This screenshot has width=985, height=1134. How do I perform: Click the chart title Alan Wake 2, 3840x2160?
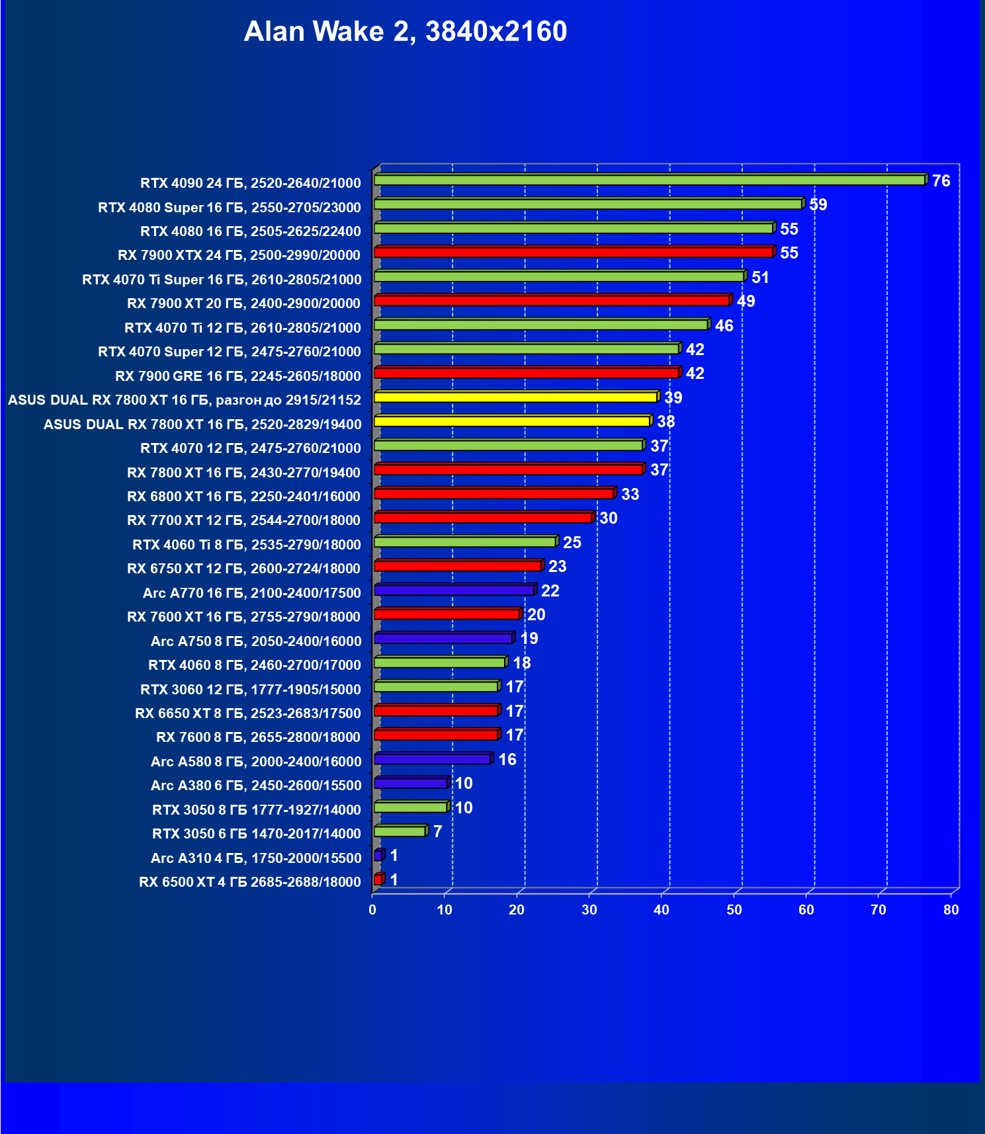405,32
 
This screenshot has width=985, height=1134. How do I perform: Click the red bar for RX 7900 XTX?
573,252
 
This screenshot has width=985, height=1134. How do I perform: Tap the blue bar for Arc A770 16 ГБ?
454,590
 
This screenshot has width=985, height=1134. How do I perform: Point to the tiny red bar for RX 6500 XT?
378,879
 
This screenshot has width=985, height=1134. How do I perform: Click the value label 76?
941,181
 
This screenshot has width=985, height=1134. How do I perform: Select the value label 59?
818,204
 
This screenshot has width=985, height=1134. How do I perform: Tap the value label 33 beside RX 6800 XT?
630,494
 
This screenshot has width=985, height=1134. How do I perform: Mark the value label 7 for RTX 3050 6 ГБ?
437,831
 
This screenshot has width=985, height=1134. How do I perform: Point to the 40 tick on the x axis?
662,910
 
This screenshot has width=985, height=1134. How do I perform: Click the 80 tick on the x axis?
951,910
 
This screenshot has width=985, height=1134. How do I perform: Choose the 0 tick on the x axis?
372,910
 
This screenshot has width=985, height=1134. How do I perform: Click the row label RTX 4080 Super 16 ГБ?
229,207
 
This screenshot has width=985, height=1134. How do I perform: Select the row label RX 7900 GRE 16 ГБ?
237,376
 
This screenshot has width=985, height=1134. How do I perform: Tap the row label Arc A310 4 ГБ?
256,858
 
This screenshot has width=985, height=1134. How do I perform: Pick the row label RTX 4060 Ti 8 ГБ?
246,544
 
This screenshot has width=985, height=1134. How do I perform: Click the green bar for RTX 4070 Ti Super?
559,276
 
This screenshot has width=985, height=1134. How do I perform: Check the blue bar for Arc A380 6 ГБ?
410,783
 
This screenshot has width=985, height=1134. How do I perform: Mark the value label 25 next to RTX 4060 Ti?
572,542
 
